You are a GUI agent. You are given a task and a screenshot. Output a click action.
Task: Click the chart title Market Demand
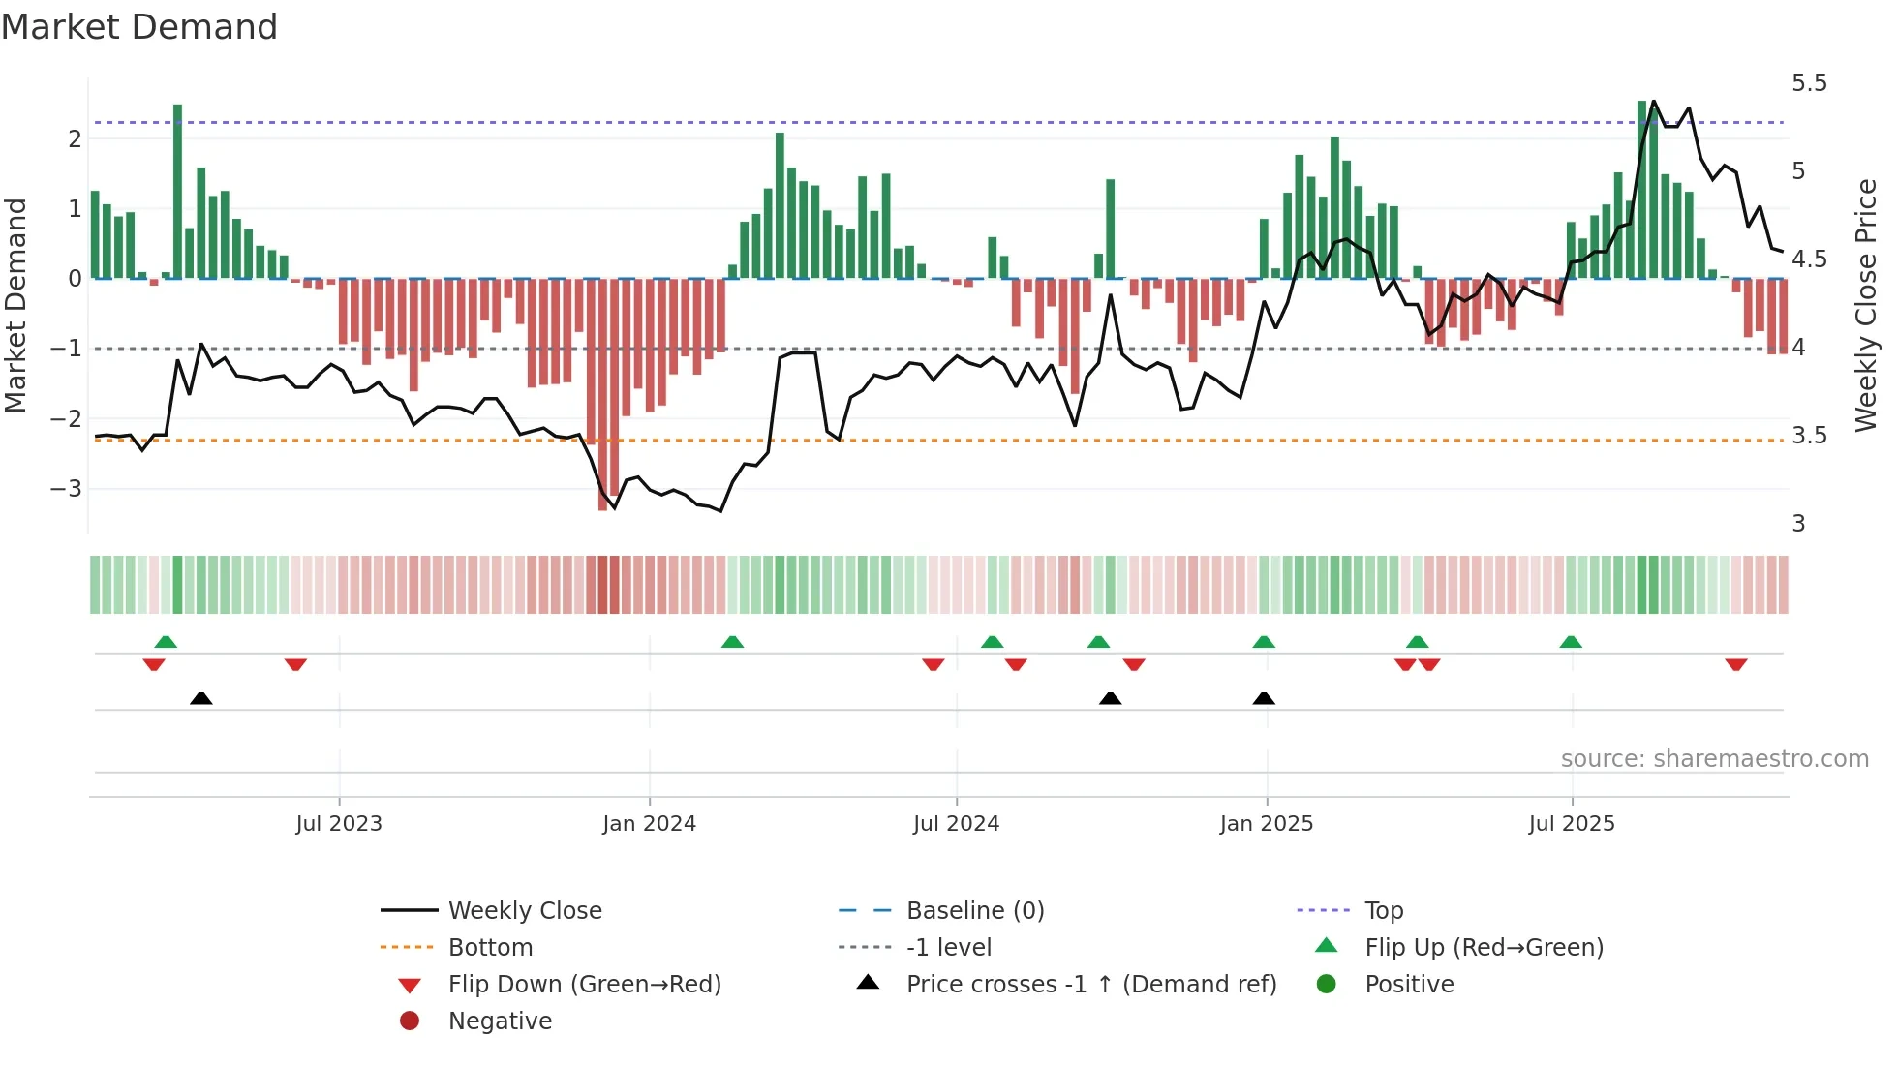point(139,26)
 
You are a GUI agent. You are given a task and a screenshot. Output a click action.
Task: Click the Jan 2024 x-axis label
point(649,824)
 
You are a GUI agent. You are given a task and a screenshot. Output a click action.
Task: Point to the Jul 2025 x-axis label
point(1572,824)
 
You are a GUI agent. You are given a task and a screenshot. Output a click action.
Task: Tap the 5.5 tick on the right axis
point(1808,83)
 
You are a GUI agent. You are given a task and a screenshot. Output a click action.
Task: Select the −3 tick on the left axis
point(67,489)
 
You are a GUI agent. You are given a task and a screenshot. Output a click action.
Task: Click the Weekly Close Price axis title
point(1866,305)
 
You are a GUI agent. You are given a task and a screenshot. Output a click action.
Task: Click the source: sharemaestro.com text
point(1714,759)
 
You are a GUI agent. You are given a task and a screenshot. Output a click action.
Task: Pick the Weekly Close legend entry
point(524,911)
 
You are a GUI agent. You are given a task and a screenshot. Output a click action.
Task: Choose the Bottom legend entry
point(490,948)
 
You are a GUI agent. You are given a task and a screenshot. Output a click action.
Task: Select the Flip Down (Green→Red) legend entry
point(584,985)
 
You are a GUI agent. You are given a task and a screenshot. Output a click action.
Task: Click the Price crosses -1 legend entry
point(1090,985)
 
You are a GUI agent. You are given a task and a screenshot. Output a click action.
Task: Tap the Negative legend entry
point(500,1021)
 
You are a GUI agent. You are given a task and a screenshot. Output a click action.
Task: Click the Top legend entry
point(1383,911)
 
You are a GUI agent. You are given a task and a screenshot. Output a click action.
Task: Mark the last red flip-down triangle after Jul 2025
point(1735,664)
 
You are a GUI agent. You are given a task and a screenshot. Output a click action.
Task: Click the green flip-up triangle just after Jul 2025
point(1571,642)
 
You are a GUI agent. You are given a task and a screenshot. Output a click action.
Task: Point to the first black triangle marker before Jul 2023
point(200,698)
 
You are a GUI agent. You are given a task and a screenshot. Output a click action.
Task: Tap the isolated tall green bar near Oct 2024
point(1110,229)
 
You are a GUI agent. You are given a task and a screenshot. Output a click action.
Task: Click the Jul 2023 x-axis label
point(339,824)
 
